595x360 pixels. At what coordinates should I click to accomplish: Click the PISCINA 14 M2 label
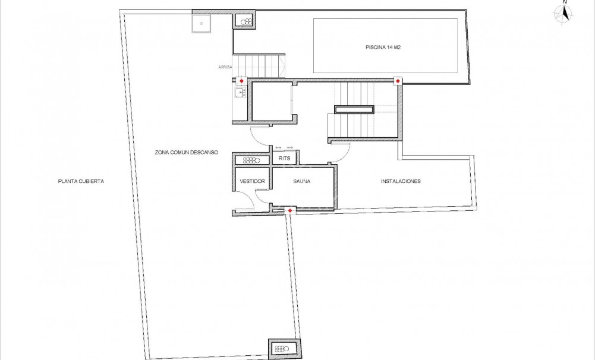[x=385, y=47]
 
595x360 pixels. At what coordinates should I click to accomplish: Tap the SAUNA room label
[x=301, y=181]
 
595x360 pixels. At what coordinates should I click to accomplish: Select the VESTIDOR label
[x=252, y=181]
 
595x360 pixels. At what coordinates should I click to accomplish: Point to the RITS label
[x=284, y=159]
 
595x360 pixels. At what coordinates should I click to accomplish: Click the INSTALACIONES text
[x=401, y=181]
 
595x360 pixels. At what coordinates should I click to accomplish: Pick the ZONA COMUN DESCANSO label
[x=187, y=153]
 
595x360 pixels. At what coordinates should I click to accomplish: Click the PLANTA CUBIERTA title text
[x=81, y=181]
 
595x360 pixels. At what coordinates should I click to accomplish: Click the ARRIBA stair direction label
[x=225, y=68]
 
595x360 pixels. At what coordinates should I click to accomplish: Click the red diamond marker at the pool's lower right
[x=398, y=81]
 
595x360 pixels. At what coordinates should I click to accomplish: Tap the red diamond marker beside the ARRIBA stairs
[x=241, y=81]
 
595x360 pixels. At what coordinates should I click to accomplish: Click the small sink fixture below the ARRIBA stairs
[x=241, y=93]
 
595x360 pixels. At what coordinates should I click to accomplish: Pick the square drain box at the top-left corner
[x=202, y=24]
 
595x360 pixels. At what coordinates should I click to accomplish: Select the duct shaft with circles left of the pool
[x=245, y=21]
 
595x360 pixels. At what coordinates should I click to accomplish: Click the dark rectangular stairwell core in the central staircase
[x=354, y=109]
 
